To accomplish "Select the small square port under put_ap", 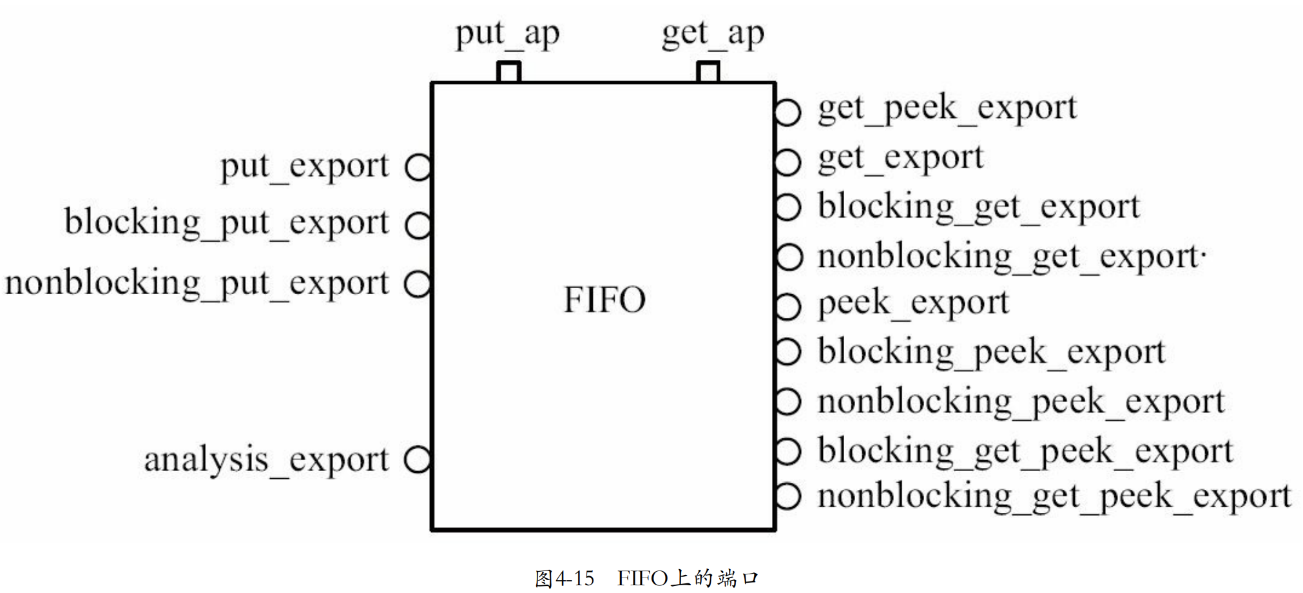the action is [x=508, y=72].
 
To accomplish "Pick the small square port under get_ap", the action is [x=708, y=72].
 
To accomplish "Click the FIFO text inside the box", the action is [x=604, y=300].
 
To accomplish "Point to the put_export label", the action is [x=305, y=166].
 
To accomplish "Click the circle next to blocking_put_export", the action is [x=418, y=226].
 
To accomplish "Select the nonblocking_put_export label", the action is [x=197, y=284].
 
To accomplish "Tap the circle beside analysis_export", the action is [x=418, y=460].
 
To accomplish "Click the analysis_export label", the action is [x=267, y=460].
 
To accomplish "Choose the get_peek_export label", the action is [x=947, y=108].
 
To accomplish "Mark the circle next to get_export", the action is [x=787, y=162].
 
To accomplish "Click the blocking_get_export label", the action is [x=979, y=208].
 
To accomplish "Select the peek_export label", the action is [x=913, y=303].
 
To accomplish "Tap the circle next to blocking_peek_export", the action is [x=788, y=352].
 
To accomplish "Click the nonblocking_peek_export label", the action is [x=1021, y=402].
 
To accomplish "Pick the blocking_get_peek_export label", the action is [x=1025, y=451].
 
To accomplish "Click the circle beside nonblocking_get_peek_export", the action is [x=788, y=496].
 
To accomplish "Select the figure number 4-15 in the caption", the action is [x=574, y=578].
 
